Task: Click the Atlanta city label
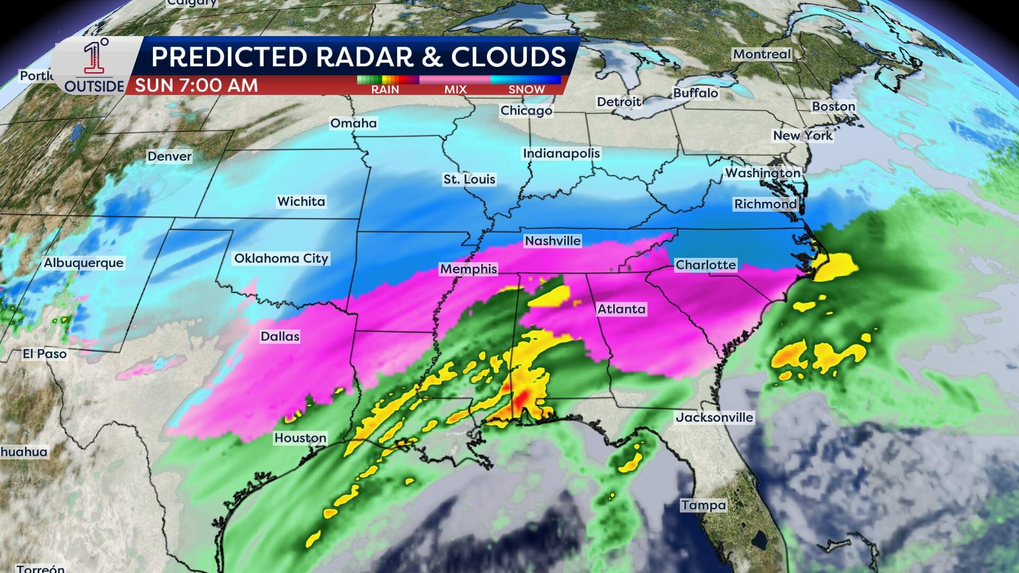click(x=621, y=309)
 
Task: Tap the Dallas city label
click(x=280, y=336)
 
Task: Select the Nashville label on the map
click(x=552, y=241)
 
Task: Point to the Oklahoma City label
click(x=281, y=258)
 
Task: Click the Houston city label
click(x=300, y=438)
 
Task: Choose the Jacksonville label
click(x=714, y=418)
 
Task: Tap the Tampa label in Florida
click(x=703, y=505)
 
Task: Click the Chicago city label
click(x=526, y=110)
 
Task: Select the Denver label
click(x=169, y=157)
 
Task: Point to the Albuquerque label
click(x=83, y=263)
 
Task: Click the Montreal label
click(x=762, y=54)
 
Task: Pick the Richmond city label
click(x=765, y=204)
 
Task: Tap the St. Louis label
click(x=469, y=179)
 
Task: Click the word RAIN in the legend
click(x=385, y=90)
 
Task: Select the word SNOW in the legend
click(x=526, y=90)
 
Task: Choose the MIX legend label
click(x=455, y=90)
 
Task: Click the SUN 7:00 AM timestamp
click(x=196, y=85)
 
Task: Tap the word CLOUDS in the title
click(x=508, y=57)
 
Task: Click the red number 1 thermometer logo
click(x=94, y=57)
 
